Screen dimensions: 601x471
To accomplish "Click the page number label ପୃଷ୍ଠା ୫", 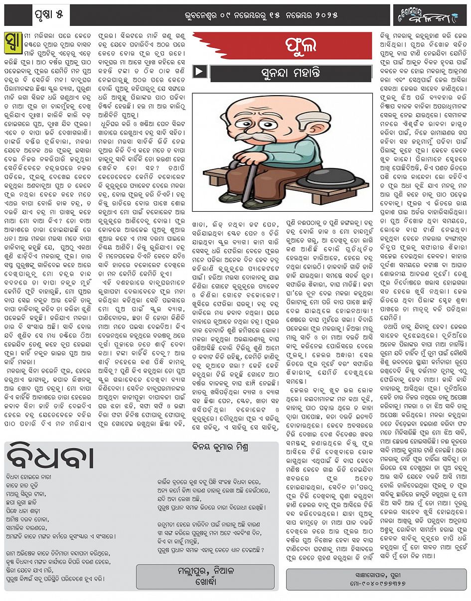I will pos(49,15).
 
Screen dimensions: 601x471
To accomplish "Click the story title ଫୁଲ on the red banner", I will pos(301,46).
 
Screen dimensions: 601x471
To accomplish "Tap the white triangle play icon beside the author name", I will pos(199,72).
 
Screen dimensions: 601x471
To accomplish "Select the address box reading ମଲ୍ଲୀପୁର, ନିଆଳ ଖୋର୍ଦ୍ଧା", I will pos(205,577).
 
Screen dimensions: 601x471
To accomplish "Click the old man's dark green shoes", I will pos(264,200).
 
